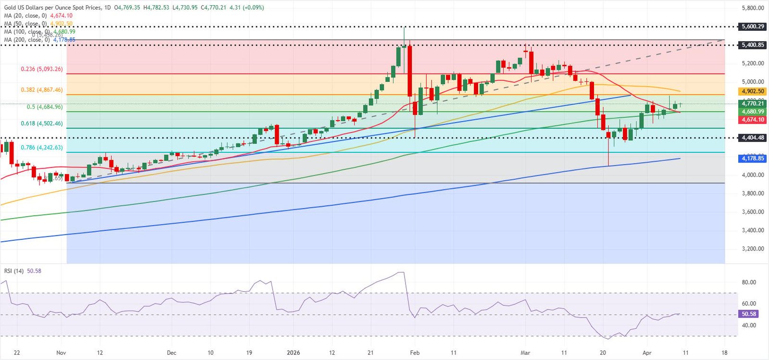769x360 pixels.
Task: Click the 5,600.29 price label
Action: [752, 26]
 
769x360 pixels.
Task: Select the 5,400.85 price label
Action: [752, 45]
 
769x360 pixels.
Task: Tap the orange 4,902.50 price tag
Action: [752, 91]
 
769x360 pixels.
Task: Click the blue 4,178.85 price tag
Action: [752, 158]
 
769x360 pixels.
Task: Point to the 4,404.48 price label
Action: [752, 137]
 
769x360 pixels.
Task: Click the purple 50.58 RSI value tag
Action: [748, 314]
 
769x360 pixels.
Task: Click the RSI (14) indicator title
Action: [14, 271]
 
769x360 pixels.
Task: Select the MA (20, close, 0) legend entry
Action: [25, 16]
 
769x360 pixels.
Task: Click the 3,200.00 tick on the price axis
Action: [753, 248]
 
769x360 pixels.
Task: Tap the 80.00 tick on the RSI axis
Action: [749, 282]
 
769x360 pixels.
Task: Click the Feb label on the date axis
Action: [415, 353]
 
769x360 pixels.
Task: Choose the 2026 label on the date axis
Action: [293, 353]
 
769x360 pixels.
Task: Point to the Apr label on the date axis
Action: [647, 353]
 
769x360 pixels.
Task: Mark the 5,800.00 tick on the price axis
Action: [753, 8]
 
